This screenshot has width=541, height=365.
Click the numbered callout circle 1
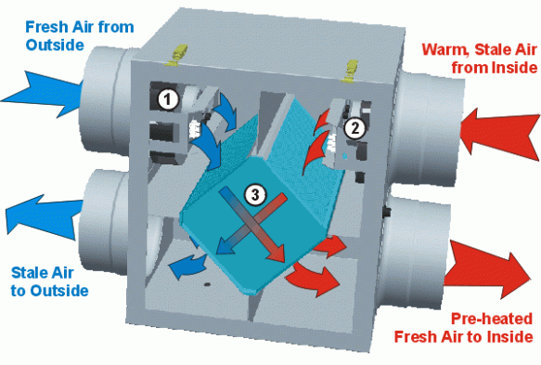(168, 99)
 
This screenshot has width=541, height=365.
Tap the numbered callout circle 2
(354, 128)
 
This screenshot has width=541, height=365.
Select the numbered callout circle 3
(255, 195)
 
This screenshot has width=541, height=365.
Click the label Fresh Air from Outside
(80, 36)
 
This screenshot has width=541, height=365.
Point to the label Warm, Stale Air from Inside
(480, 59)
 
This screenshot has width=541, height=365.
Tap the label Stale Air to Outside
(50, 281)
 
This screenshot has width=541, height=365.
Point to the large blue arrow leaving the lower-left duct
(43, 216)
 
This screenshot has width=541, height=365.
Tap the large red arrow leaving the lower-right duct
(487, 269)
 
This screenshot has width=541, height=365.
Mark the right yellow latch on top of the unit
(351, 72)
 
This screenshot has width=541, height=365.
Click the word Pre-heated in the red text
(492, 319)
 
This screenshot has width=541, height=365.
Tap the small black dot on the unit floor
(207, 284)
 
